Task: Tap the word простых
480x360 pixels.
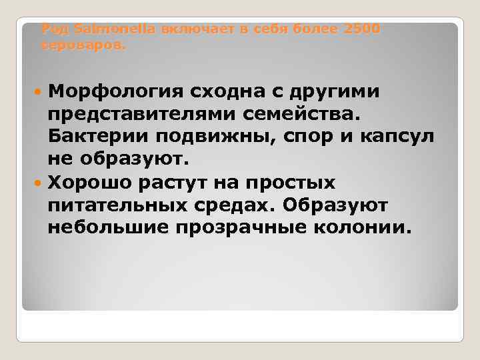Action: [299, 182]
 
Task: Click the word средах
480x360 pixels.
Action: [243, 205]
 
